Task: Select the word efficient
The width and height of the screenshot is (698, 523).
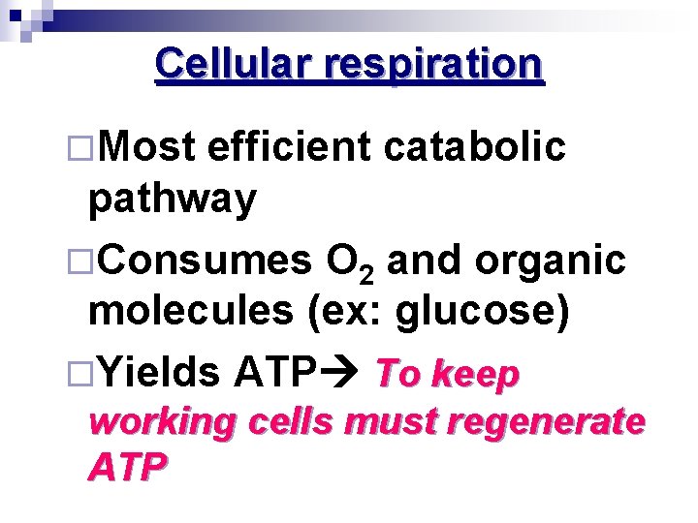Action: pyautogui.click(x=289, y=147)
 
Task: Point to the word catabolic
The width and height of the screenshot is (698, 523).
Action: pyautogui.click(x=474, y=147)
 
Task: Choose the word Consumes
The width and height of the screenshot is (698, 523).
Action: pyautogui.click(x=205, y=261)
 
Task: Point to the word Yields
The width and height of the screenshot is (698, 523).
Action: pyautogui.click(x=160, y=371)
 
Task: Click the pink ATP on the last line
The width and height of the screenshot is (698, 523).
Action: pyautogui.click(x=126, y=468)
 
